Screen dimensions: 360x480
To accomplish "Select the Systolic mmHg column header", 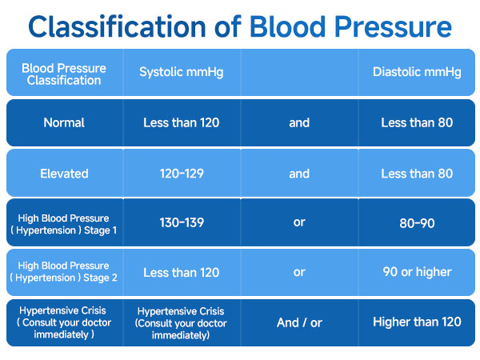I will tap(181, 73).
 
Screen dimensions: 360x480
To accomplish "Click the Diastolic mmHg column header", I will tap(416, 73).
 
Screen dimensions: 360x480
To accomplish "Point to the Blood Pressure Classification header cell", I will tap(63, 74).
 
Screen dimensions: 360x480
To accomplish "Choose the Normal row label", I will tap(63, 123).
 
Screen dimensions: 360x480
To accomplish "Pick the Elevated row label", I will tap(63, 173).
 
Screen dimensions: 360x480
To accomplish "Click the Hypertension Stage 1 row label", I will tap(63, 223).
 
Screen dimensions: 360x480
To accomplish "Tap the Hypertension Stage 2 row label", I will tap(63, 273).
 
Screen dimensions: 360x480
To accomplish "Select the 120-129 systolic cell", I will tap(181, 173).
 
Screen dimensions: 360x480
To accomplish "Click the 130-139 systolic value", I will tap(181, 223).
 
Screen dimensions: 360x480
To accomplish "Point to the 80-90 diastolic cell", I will tap(416, 223).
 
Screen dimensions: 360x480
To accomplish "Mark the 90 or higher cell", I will tap(416, 273).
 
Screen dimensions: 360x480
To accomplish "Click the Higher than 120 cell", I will tap(416, 322).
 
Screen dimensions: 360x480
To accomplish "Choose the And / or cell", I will tap(299, 322).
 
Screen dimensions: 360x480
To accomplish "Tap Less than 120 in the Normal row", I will tap(181, 123).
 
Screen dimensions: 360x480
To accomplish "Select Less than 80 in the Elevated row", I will tap(416, 173).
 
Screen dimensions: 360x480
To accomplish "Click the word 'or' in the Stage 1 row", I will tap(299, 223).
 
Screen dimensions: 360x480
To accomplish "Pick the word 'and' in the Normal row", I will tap(299, 123).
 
